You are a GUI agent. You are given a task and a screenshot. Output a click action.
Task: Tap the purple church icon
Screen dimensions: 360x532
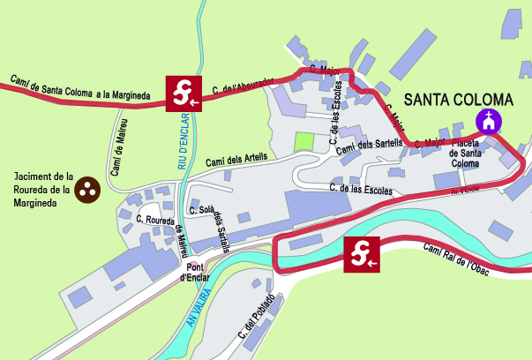487,120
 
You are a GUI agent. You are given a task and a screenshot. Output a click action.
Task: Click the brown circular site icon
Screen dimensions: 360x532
88,188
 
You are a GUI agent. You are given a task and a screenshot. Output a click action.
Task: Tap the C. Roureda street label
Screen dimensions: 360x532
156,216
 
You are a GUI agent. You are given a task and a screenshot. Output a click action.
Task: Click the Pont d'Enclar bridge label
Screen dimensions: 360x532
192,273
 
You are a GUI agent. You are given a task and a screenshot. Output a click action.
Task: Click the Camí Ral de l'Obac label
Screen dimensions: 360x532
468,258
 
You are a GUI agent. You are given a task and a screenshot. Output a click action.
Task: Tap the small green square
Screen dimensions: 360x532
303,141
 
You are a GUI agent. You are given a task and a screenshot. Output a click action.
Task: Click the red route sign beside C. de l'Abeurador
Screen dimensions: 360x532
184,92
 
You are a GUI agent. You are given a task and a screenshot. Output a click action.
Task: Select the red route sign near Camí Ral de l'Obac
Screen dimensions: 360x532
362,253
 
